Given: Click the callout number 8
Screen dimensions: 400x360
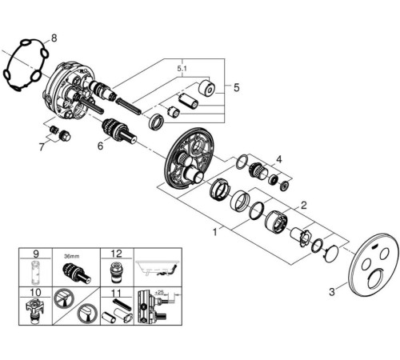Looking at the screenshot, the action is [x=54, y=38].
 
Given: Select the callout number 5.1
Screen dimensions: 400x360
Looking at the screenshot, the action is [x=182, y=69].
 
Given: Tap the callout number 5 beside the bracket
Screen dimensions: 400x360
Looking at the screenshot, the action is [x=237, y=87].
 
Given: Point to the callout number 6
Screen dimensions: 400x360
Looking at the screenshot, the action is [x=100, y=146].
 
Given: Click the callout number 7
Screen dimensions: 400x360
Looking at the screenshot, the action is [x=42, y=147].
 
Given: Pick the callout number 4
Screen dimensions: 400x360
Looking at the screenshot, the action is [x=278, y=159].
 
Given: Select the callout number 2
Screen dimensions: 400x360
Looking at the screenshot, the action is [x=303, y=206].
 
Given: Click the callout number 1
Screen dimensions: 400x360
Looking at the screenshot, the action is [x=215, y=232].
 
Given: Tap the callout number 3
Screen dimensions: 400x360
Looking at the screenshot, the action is [x=332, y=292].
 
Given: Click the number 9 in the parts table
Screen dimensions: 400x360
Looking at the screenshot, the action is [x=36, y=254].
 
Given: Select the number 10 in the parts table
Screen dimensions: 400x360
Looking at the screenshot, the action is [x=35, y=292].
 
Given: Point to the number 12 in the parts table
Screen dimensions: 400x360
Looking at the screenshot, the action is [x=116, y=254].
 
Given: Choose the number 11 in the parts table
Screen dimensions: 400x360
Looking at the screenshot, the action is [x=116, y=294].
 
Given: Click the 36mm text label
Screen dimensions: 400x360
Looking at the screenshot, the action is [x=72, y=257].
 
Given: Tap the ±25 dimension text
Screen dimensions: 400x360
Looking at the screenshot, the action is [x=159, y=292].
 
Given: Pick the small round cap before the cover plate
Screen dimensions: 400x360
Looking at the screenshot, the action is [x=331, y=254].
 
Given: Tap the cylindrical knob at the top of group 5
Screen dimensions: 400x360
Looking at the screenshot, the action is [x=207, y=87].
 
